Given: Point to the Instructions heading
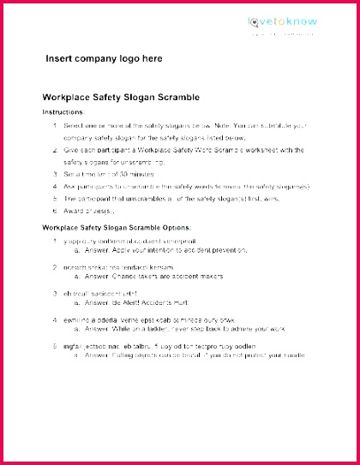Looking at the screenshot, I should (63, 112).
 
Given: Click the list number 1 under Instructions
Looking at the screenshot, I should (55, 126).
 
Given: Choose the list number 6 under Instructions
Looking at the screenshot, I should (55, 210).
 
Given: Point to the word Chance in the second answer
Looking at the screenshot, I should (117, 277).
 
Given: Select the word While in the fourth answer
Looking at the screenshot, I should (114, 329).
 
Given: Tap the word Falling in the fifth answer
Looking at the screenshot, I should (116, 355).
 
